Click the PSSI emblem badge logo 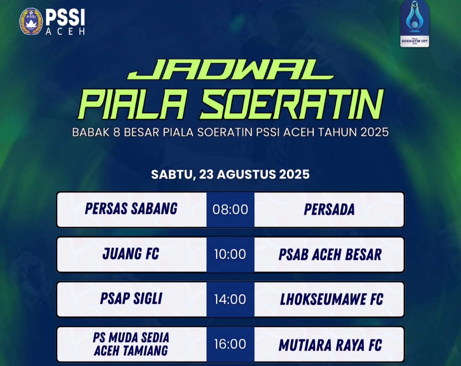[31, 21]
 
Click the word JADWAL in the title [231, 69]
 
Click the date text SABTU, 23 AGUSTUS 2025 [231, 175]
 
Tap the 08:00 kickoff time [230, 209]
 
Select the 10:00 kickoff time [230, 254]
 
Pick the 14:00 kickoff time [230, 299]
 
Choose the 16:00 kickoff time [230, 344]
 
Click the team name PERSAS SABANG [131, 209]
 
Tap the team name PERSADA [329, 209]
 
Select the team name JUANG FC [131, 253]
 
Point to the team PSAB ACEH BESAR [330, 255]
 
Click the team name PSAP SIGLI [131, 298]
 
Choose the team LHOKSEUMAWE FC [332, 299]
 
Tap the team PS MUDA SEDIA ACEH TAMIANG [131, 344]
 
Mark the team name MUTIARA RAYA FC [330, 345]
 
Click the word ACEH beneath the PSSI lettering [65, 31]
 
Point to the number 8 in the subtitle [116, 132]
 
